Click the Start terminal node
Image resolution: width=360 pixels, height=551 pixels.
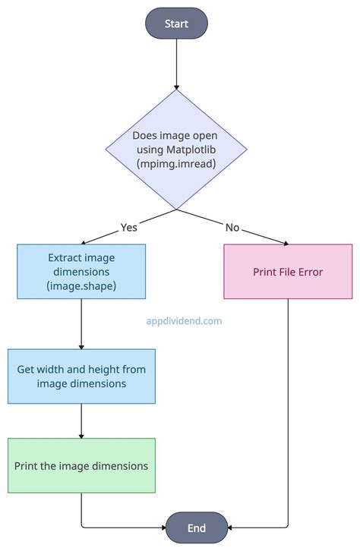click(176, 24)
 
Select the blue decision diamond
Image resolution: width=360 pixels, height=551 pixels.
click(176, 150)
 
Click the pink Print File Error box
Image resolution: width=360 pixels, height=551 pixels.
click(288, 271)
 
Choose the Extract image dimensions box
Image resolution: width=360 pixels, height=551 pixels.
click(81, 271)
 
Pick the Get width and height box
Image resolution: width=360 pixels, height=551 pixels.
click(81, 376)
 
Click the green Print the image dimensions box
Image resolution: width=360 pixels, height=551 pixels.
click(81, 465)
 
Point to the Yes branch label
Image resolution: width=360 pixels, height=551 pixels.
click(130, 227)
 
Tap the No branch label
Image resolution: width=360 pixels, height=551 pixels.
click(232, 227)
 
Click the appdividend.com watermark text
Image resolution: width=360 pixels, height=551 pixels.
click(184, 321)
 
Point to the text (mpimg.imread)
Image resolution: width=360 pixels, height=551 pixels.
click(176, 163)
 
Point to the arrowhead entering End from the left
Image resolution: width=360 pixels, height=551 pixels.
click(163, 527)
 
